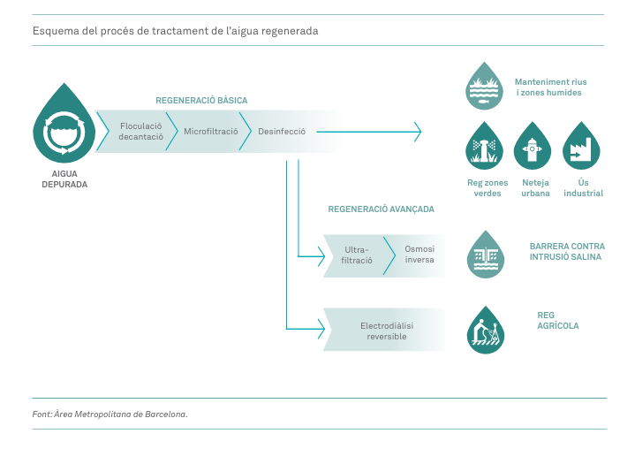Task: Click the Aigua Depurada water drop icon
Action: tap(64, 124)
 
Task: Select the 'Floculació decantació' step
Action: tap(141, 132)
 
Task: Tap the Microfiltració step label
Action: tap(211, 132)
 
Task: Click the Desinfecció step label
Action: tap(282, 132)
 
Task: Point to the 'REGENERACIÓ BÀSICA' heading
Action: tap(201, 100)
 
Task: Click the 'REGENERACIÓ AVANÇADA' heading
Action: tap(381, 209)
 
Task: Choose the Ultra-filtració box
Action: tap(357, 255)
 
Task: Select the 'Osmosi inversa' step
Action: tap(420, 255)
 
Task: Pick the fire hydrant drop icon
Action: tap(532, 147)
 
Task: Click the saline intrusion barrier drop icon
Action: tap(483, 255)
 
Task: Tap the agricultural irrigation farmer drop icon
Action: tap(484, 331)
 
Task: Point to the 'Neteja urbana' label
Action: tap(534, 187)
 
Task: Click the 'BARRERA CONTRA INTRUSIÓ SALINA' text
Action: tap(566, 251)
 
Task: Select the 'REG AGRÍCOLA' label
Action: tap(557, 320)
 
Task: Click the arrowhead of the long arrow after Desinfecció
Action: tap(418, 132)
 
